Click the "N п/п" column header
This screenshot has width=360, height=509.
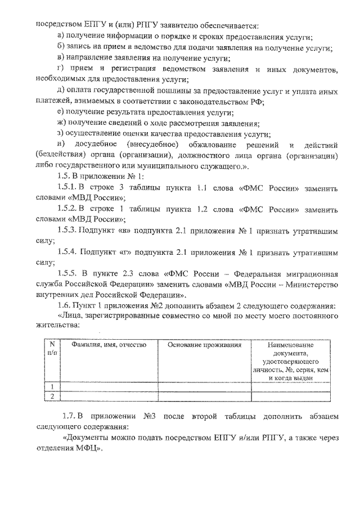point(52,349)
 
